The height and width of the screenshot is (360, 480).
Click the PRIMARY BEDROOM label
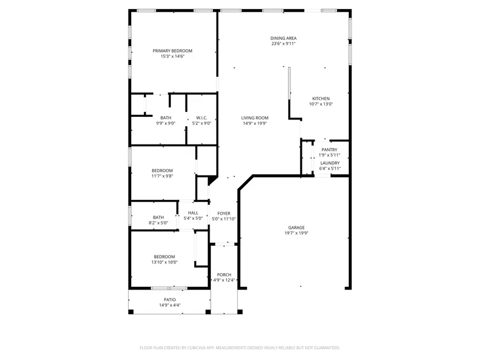(x=172, y=51)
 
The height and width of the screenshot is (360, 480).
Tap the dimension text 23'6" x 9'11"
(x=283, y=44)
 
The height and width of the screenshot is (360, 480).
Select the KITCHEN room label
(x=321, y=99)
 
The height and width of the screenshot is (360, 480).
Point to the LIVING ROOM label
(x=254, y=118)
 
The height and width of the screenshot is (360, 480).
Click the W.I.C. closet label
(x=202, y=118)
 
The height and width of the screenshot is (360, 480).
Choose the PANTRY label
(x=329, y=150)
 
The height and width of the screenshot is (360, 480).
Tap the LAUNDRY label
(x=330, y=163)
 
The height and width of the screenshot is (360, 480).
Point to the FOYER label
(x=223, y=213)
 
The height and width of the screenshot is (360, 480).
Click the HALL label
(x=193, y=213)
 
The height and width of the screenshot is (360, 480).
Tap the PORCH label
(x=224, y=275)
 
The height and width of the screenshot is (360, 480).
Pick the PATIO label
(x=170, y=300)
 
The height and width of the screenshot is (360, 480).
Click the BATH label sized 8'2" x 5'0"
(x=158, y=217)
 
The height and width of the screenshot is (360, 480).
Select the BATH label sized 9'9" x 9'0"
(x=166, y=118)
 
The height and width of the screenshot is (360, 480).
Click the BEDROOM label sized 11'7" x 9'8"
(x=162, y=171)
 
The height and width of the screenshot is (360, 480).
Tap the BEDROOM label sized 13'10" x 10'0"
(x=164, y=257)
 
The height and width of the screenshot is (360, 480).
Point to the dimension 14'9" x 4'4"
(x=170, y=306)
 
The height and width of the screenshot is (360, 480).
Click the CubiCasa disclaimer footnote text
(x=239, y=348)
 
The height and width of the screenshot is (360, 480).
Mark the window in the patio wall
(x=169, y=288)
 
